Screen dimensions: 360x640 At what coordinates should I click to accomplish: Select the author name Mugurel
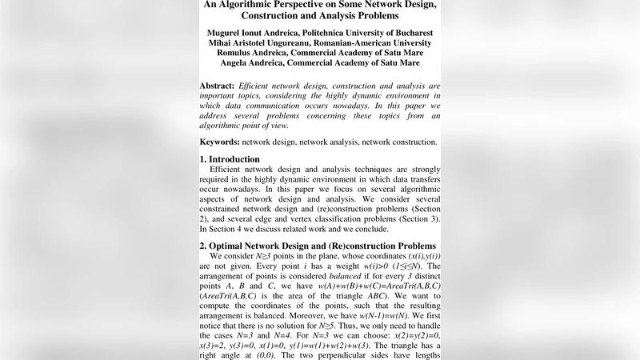pos(230,34)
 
